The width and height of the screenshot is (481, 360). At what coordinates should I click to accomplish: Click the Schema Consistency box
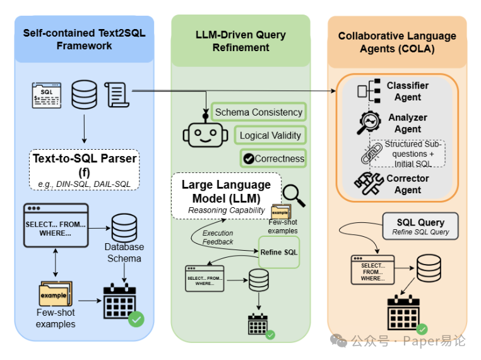click(x=259, y=112)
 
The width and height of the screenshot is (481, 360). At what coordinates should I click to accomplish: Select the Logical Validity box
click(x=270, y=135)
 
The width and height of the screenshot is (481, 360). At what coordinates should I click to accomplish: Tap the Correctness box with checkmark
click(x=273, y=159)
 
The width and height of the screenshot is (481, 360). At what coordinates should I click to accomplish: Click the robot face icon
click(x=205, y=133)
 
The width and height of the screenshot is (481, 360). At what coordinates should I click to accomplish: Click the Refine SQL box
click(x=278, y=252)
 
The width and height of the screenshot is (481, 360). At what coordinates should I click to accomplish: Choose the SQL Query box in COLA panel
click(x=420, y=226)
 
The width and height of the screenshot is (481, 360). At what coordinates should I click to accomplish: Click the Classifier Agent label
click(x=407, y=91)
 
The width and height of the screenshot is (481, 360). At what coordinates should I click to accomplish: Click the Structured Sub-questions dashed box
click(x=408, y=153)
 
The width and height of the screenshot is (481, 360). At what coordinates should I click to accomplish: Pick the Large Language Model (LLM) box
click(x=226, y=196)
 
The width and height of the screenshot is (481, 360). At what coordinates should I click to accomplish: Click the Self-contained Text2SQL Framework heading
click(x=84, y=39)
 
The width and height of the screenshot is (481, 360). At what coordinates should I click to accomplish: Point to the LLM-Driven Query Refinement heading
click(x=240, y=41)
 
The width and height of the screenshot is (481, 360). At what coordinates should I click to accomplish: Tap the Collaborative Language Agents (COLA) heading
click(x=396, y=42)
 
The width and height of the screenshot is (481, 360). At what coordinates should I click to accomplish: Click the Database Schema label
click(x=124, y=252)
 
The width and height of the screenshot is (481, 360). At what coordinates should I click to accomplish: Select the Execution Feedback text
click(x=218, y=237)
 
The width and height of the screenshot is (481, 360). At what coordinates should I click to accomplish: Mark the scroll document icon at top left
click(x=117, y=95)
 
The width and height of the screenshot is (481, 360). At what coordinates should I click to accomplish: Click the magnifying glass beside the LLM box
click(x=294, y=196)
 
